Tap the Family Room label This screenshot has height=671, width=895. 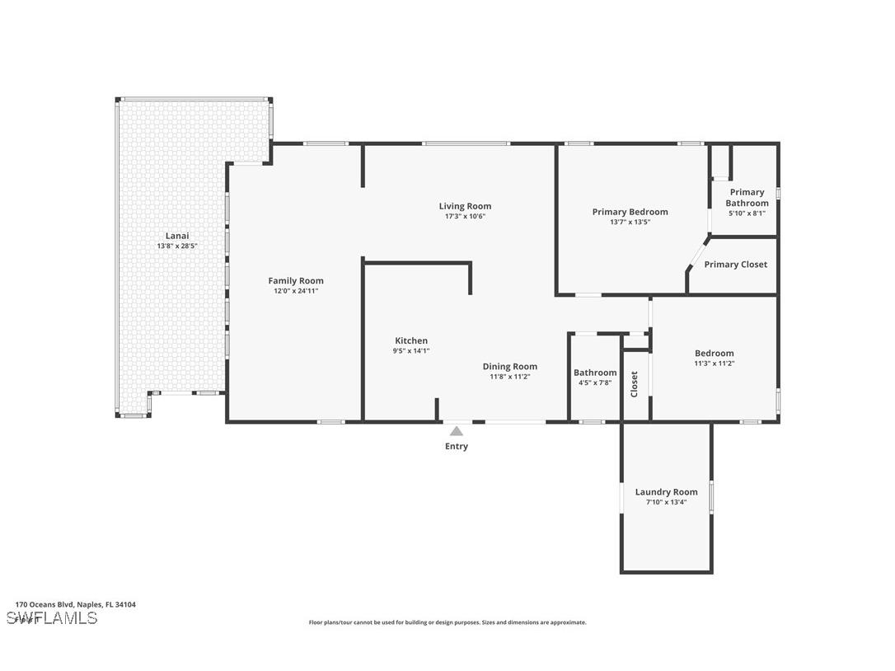296,280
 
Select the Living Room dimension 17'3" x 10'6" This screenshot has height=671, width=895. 465,217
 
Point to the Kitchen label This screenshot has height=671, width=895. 411,340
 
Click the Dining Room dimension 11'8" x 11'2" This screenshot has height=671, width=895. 510,377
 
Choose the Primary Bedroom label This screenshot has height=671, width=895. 630,212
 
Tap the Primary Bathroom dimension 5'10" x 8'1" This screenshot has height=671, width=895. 747,213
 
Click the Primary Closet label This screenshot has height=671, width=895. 735,265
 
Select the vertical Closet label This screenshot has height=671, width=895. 635,384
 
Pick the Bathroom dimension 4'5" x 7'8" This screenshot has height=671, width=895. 595,382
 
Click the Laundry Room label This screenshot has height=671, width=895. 666,492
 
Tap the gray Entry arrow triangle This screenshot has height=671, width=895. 457,430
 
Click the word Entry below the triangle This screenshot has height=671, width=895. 457,447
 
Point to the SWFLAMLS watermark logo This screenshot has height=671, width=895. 52,618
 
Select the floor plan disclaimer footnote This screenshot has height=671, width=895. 447,622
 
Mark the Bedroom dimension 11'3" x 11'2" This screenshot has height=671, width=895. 714,364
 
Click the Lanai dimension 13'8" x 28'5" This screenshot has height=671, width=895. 177,246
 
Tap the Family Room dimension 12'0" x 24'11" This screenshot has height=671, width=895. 296,291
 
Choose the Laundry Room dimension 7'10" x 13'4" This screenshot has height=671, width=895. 666,502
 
